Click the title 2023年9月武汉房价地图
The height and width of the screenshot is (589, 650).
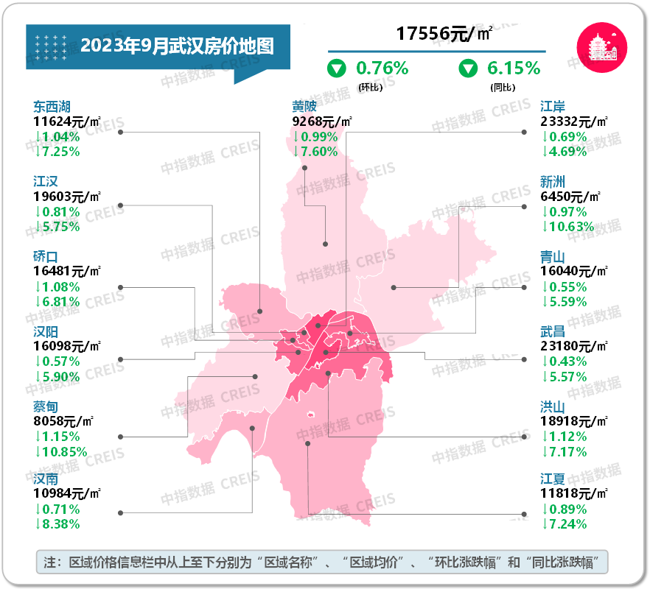(x=177, y=46)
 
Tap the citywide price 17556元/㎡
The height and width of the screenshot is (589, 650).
(x=444, y=33)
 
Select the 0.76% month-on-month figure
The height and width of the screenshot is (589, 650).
(x=382, y=68)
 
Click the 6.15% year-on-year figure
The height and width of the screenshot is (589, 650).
(x=514, y=68)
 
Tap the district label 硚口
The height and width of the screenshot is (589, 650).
(x=45, y=256)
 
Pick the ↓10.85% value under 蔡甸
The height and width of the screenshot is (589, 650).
(x=60, y=451)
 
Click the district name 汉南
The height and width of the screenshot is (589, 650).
(x=45, y=479)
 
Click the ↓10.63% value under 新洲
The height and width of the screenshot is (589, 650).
(x=567, y=226)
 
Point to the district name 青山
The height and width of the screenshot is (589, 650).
(x=553, y=256)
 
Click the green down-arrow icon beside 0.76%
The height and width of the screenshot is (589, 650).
(x=337, y=69)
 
